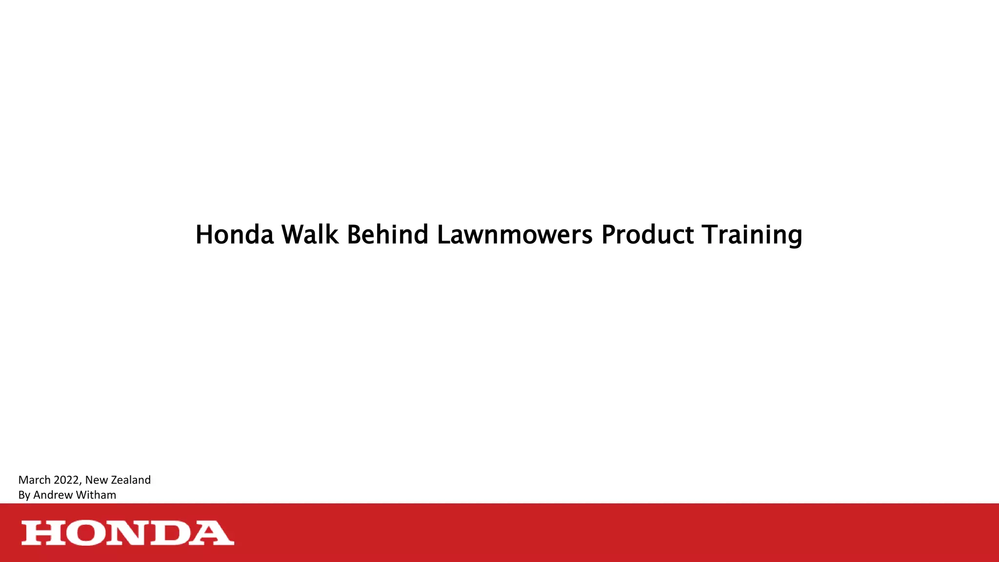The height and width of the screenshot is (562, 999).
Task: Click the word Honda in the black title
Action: click(235, 235)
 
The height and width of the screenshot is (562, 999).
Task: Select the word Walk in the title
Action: click(310, 235)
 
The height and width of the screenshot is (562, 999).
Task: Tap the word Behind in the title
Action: click(387, 235)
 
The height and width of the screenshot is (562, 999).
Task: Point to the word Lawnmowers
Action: click(515, 235)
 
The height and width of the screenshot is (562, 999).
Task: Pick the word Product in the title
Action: click(647, 235)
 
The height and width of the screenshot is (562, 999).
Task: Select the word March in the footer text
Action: click(34, 480)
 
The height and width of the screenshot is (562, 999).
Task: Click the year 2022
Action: click(66, 480)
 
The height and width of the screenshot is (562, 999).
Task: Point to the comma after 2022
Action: click(80, 483)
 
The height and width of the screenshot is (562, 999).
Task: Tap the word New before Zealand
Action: click(97, 480)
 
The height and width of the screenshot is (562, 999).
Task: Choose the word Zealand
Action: click(131, 480)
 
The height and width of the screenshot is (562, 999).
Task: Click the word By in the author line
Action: click(24, 495)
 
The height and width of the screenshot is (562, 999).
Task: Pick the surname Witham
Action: click(96, 495)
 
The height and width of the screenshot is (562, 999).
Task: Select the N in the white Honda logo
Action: click(127, 533)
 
